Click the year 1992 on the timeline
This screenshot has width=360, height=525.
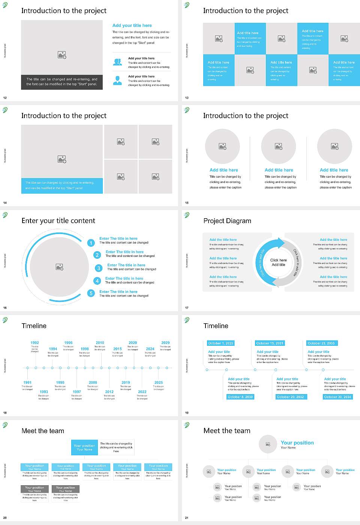pos(34,343)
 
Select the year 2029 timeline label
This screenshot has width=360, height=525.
pos(165,343)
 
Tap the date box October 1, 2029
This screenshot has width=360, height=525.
pos(220,343)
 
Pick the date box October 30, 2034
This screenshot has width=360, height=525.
pos(337,397)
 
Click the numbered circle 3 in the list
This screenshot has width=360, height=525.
pos(99,268)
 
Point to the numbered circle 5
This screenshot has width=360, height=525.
pos(91,293)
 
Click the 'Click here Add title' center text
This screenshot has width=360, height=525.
pos(278,262)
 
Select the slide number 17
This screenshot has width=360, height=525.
pos(187,308)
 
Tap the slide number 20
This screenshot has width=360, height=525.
pos(5,518)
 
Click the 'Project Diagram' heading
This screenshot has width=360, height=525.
pos(227,221)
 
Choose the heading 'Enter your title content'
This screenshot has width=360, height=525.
pos(58,221)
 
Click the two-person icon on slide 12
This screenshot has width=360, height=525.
pos(117,62)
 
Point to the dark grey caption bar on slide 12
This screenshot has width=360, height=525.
pos(62,82)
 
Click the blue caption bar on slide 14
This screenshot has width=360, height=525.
pos(62,186)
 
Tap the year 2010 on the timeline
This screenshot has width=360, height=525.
pos(100,343)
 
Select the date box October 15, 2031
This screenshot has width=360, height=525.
pos(270,343)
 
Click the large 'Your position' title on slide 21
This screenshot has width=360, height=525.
pos(297,443)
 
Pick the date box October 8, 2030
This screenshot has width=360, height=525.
pos(240,397)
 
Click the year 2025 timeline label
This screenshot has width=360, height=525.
pos(159,382)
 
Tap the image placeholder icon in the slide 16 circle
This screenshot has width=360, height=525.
pos(60,267)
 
